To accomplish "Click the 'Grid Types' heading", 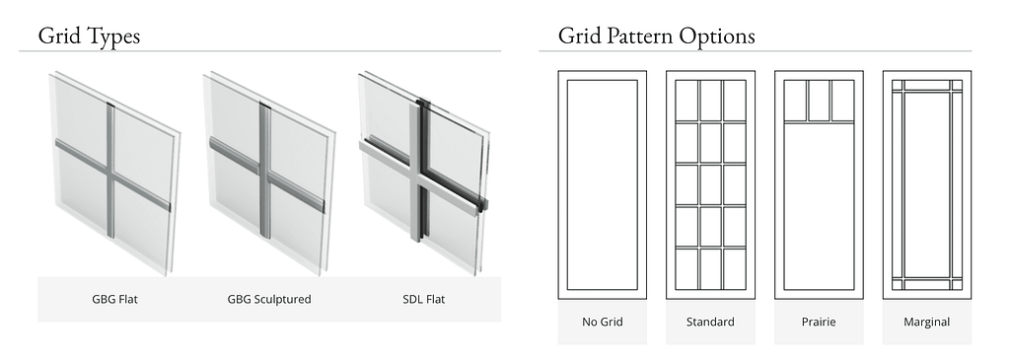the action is click(x=89, y=36).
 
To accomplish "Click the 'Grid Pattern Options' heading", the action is click(x=656, y=36).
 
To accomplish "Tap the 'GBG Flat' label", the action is click(x=114, y=299).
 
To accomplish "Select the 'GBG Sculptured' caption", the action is click(x=269, y=299).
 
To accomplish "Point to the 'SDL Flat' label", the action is click(x=424, y=299).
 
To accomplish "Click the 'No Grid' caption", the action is click(x=603, y=322).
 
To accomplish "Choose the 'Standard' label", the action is click(x=710, y=322).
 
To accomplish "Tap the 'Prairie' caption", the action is click(x=819, y=322).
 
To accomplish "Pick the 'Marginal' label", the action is click(x=927, y=322).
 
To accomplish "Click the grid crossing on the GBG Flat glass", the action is click(x=110, y=174).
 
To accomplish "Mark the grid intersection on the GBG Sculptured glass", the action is click(x=264, y=174).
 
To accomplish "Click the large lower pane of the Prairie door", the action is click(x=819, y=206).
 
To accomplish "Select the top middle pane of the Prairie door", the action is click(x=819, y=101).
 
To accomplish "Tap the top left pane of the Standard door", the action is click(x=686, y=100).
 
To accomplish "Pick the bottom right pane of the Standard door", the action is click(x=734, y=268).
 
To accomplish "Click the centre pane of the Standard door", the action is click(x=710, y=184).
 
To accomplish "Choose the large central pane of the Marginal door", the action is click(x=927, y=184).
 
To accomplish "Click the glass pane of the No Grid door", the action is click(x=603, y=184).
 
